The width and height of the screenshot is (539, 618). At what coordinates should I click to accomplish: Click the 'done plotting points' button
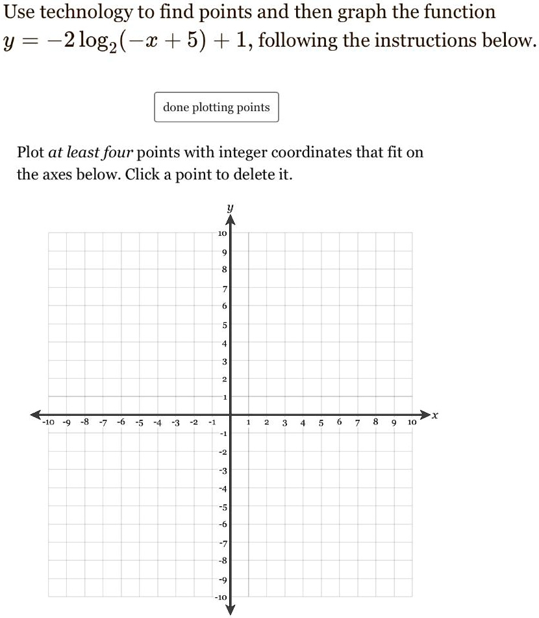pos(216,107)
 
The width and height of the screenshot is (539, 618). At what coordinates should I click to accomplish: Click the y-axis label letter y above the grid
pos(229,208)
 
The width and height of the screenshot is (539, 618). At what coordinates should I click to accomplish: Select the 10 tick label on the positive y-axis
pos(221,233)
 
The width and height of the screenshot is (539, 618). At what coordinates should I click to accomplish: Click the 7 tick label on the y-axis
pos(223,288)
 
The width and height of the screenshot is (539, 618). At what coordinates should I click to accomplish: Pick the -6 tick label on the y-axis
pos(222,524)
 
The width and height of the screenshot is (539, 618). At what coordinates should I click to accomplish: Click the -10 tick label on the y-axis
pos(221,597)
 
